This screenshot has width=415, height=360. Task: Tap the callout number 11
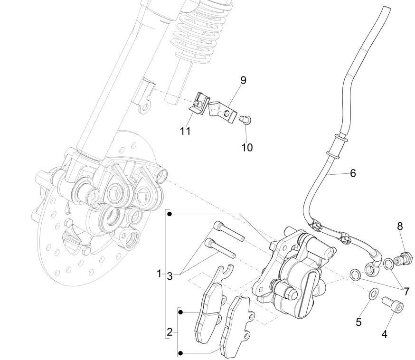(x=185, y=131)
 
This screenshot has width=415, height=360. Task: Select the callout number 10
(x=246, y=147)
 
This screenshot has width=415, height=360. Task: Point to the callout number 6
(x=353, y=173)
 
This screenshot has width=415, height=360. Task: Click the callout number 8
(x=400, y=227)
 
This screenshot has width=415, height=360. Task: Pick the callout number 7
(x=406, y=291)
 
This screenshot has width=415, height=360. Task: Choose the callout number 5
(x=358, y=322)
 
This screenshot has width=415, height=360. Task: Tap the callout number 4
(x=384, y=334)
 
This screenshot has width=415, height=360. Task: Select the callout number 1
(x=160, y=275)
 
